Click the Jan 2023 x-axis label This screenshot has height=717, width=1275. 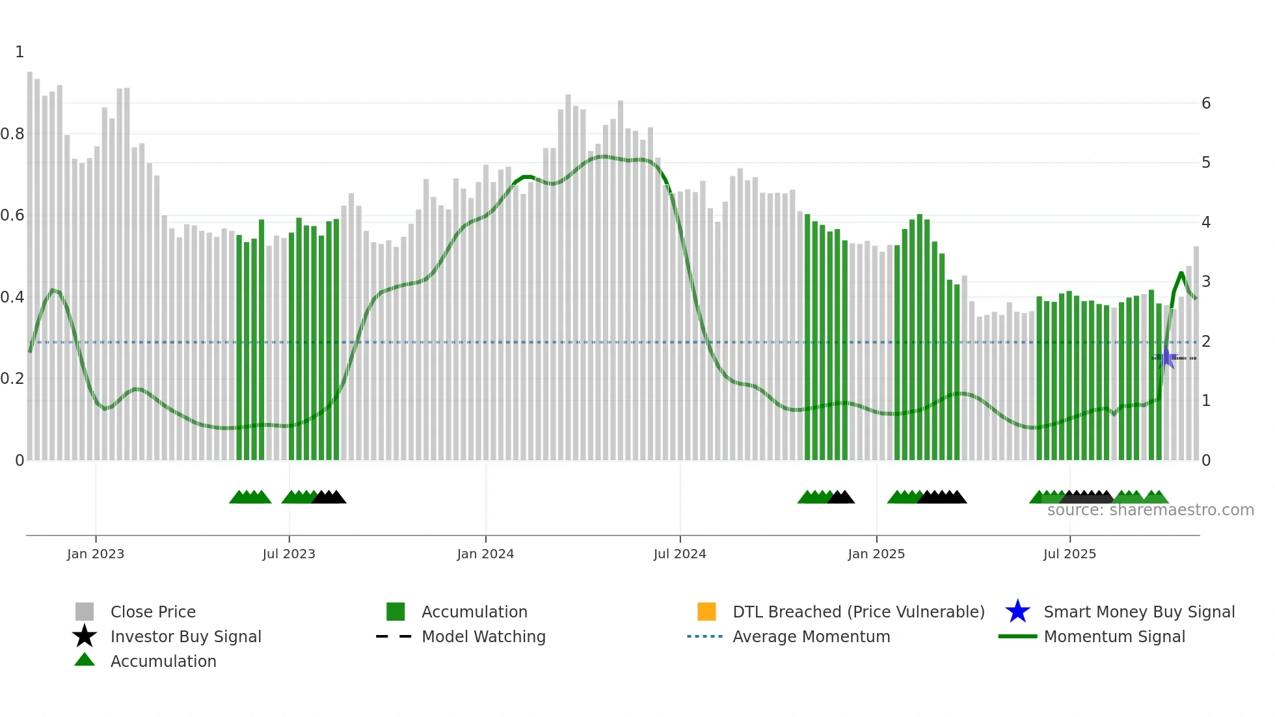pos(96,554)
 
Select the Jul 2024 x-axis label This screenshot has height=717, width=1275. pos(680,554)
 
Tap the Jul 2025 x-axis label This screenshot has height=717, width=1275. pos(1069,554)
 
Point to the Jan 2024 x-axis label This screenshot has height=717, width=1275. pos(485,554)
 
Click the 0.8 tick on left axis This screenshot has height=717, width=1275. pos(12,134)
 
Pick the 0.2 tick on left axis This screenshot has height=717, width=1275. pos(12,379)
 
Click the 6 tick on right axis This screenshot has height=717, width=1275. pos(1206,103)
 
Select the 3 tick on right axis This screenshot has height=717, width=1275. pos(1206,282)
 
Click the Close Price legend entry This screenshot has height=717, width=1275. pos(153,612)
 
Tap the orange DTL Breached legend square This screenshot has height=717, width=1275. pos(706,612)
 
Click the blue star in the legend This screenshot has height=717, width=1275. pos(1017,612)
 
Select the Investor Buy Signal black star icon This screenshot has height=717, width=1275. pos(85,636)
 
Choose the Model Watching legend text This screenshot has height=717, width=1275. pos(483,636)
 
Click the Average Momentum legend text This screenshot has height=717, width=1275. pos(811,636)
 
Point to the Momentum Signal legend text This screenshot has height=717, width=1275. pos(1114,636)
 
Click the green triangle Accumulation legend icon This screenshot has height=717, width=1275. pos(85,660)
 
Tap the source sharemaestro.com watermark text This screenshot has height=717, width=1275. pos(1150,510)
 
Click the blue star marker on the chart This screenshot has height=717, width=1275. pos(1166,358)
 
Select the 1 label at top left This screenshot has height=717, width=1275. pos(20,52)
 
